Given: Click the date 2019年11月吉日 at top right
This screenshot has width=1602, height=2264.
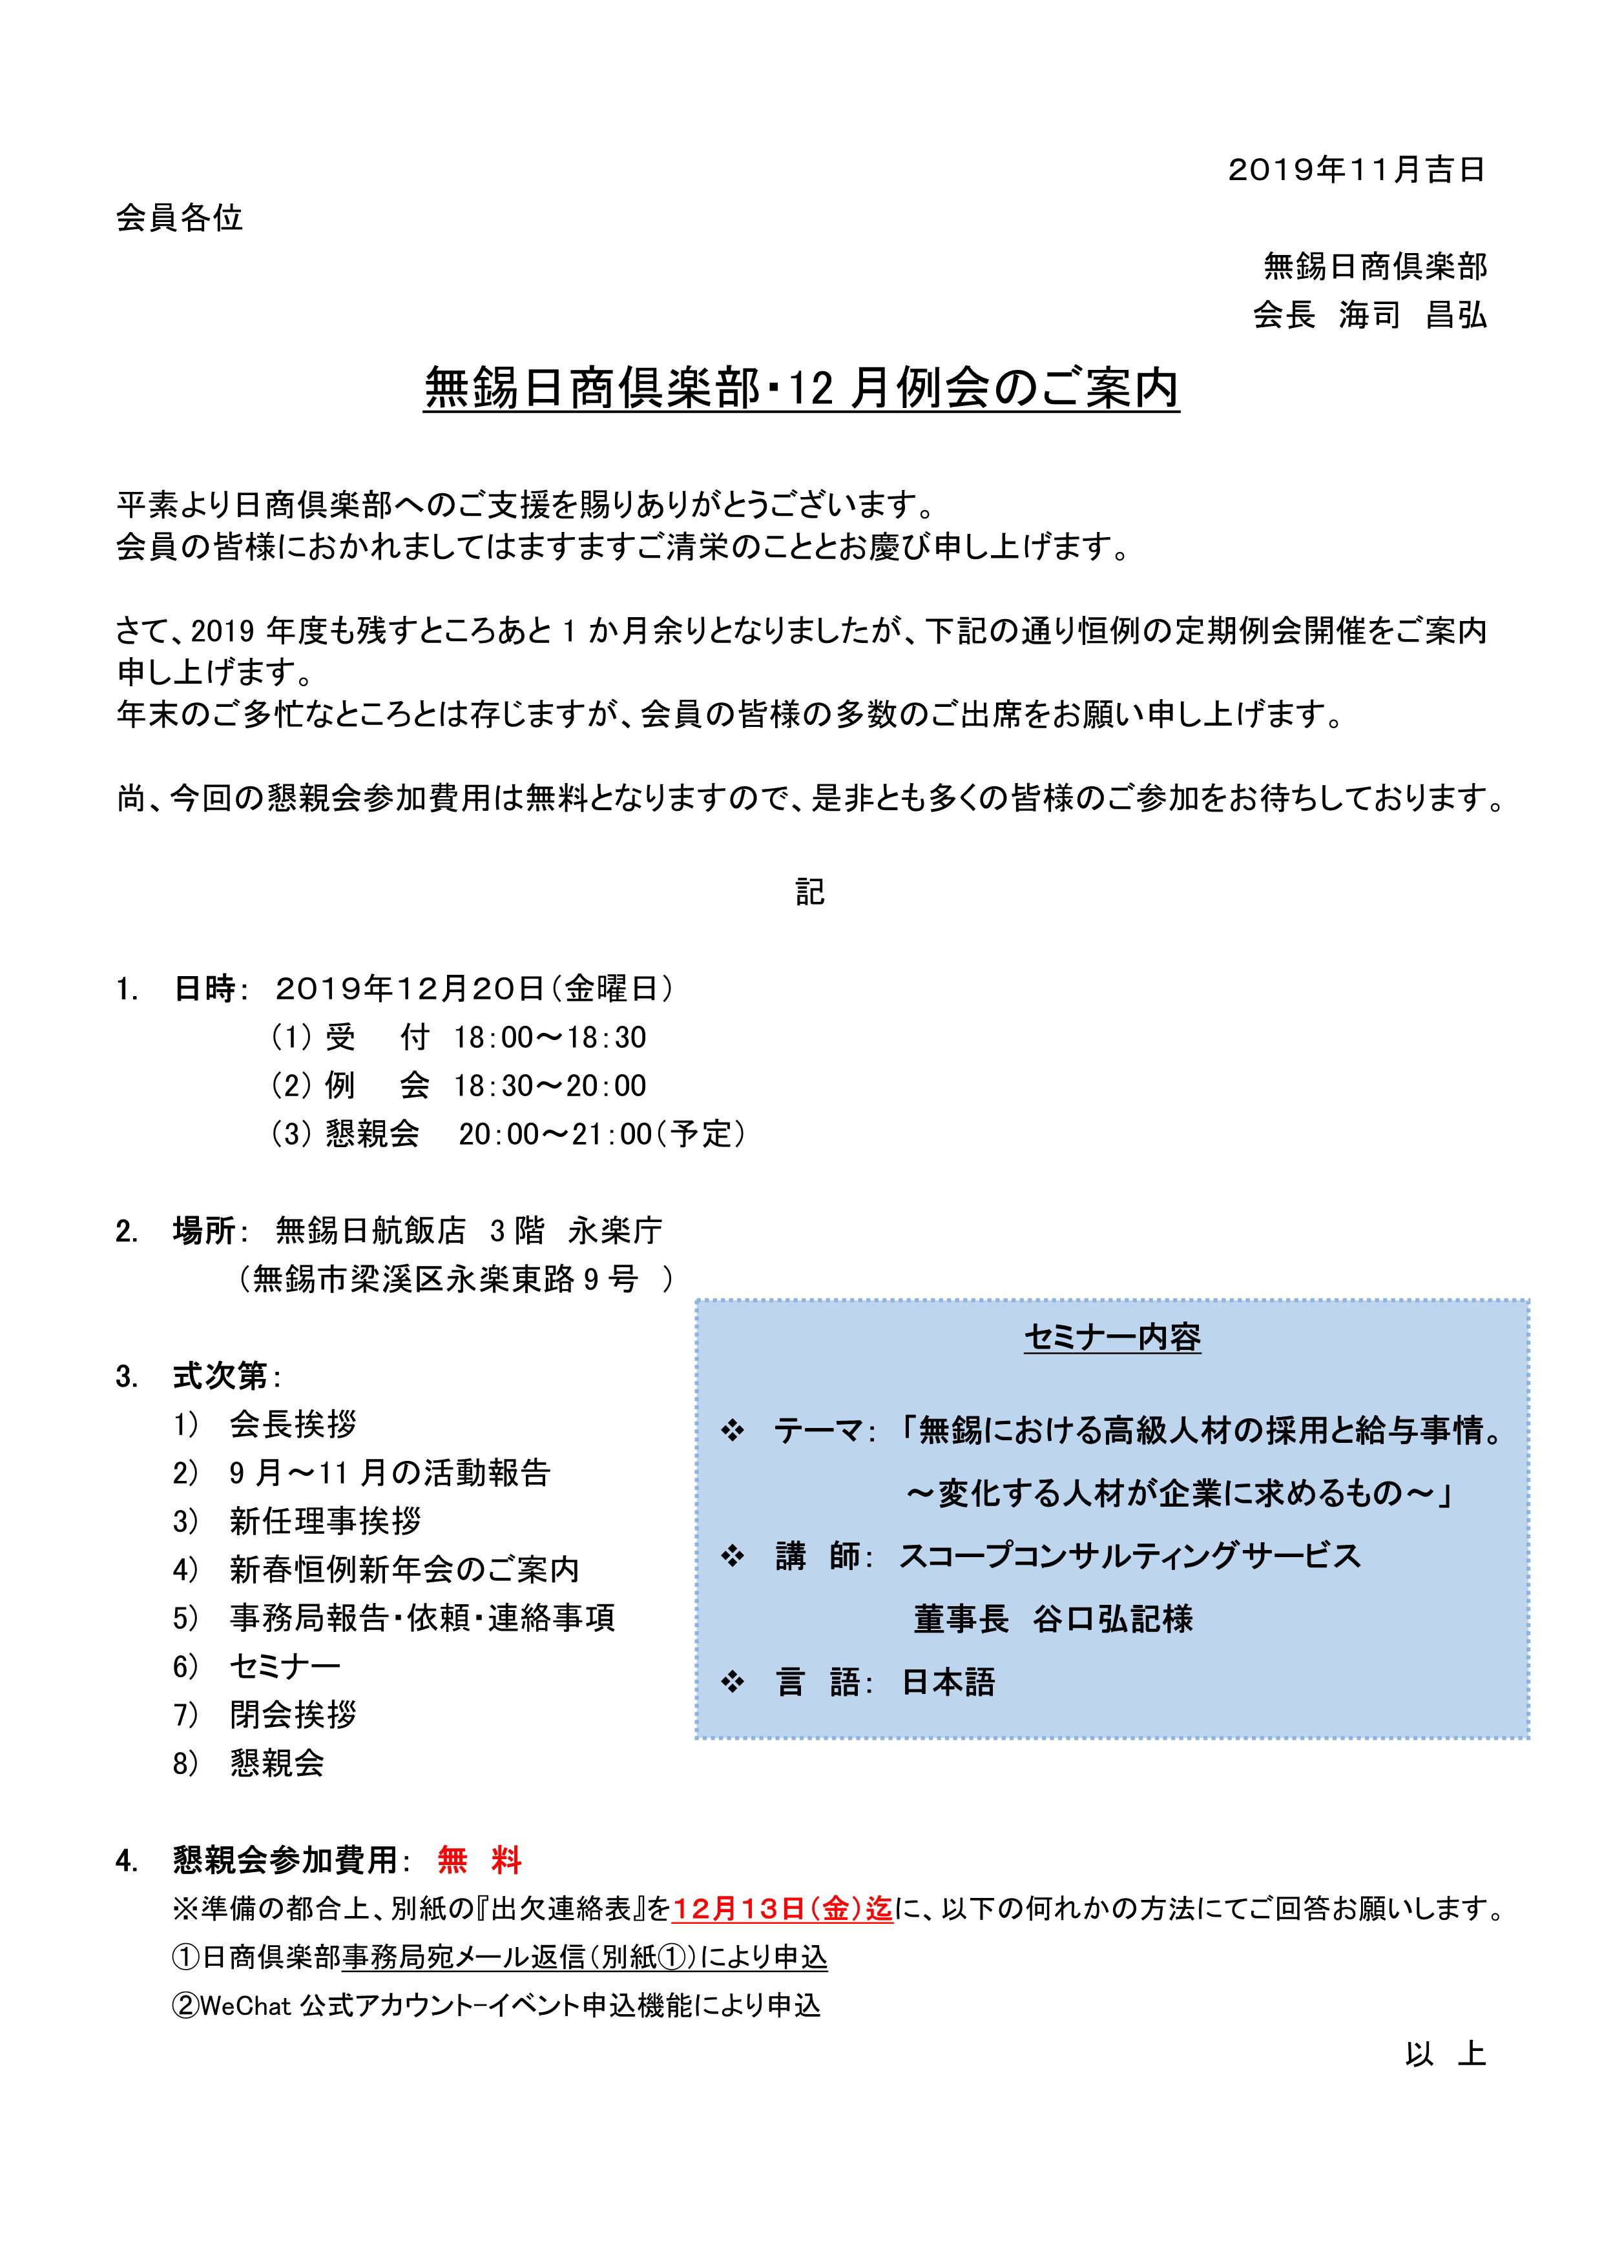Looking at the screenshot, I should click(1357, 170).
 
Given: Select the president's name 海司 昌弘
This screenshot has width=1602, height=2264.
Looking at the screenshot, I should click(1413, 316).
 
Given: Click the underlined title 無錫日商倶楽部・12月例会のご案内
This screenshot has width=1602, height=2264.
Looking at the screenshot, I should click(801, 387).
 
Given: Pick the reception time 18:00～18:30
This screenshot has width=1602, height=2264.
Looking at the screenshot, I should click(550, 1037).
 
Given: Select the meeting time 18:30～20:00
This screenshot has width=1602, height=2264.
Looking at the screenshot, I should click(550, 1086).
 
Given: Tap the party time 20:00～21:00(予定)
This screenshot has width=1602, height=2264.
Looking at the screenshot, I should click(602, 1134).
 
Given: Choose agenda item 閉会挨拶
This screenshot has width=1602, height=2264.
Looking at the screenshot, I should click(293, 1714).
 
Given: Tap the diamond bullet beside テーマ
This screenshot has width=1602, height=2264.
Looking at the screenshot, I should click(732, 1431).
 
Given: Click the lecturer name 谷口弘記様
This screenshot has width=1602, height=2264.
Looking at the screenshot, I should click(1113, 1619).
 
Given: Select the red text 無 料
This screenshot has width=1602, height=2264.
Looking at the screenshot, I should click(479, 1861).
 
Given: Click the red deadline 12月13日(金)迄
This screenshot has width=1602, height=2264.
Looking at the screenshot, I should click(782, 1909).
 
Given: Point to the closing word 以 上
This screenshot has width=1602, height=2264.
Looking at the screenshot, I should click(1445, 2054).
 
